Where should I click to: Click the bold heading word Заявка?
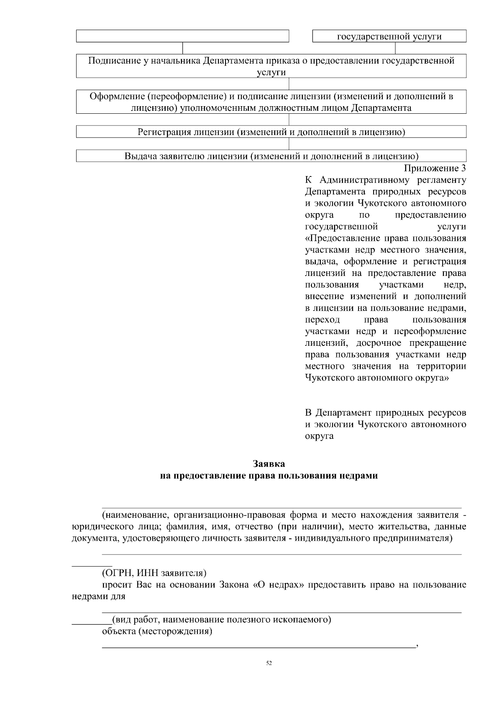click(x=269, y=464)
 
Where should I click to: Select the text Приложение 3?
click(x=434, y=169)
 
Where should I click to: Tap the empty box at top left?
click(x=182, y=36)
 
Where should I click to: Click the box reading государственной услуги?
click(x=389, y=36)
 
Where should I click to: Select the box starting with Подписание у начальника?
click(x=271, y=66)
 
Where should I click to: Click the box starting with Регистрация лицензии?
click(x=271, y=133)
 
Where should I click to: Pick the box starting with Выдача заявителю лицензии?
click(x=271, y=156)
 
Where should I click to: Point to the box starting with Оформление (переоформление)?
click(x=271, y=102)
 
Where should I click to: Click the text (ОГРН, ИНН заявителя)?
click(x=154, y=572)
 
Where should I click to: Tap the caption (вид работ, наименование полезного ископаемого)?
click(x=221, y=619)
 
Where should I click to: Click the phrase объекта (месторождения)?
click(x=157, y=631)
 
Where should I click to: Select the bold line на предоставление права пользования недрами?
click(x=269, y=476)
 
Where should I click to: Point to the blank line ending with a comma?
click(x=259, y=647)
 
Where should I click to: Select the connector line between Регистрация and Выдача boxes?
click(x=289, y=144)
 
